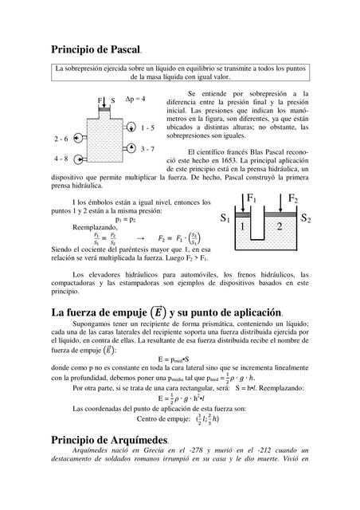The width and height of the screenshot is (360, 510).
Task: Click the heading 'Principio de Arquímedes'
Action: (108, 440)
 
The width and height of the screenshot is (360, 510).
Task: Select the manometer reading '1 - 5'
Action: (147, 127)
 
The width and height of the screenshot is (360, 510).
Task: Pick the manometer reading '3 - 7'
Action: (147, 149)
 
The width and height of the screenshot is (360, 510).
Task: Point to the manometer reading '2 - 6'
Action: (61, 138)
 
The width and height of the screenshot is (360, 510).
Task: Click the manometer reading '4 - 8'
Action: (61, 159)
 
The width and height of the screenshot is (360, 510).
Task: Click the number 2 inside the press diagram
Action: (279, 228)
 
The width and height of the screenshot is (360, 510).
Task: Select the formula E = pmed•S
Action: (179, 359)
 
